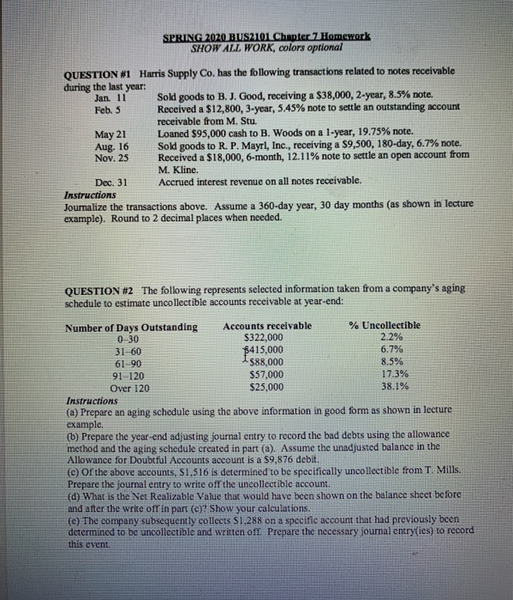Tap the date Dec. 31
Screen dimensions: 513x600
coord(110,182)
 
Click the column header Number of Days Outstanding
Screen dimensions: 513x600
coord(131,326)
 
